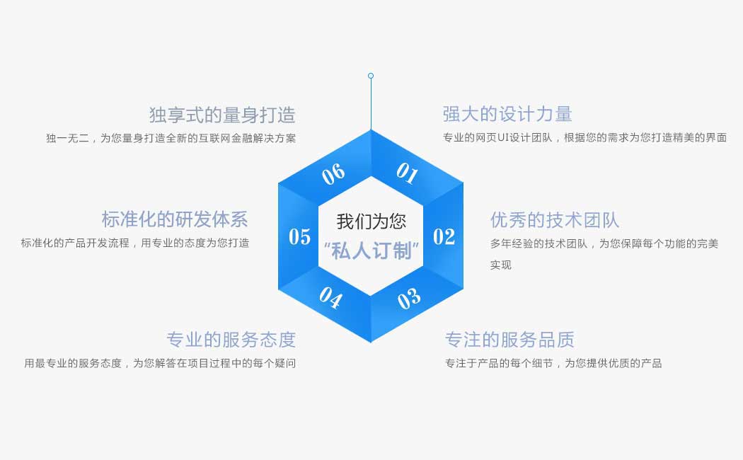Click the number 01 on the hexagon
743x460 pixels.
(407, 173)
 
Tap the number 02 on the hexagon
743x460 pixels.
(444, 236)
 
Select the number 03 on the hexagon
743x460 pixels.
(408, 299)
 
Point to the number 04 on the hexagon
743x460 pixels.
(330, 298)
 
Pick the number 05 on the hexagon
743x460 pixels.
(299, 236)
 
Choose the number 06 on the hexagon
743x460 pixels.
(333, 173)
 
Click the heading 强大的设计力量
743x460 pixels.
(507, 114)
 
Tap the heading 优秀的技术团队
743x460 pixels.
(555, 220)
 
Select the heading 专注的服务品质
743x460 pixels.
(509, 340)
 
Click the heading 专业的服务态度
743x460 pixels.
(231, 340)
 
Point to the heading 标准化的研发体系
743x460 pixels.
(175, 219)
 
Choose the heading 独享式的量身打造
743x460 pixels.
(222, 115)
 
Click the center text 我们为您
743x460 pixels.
(371, 222)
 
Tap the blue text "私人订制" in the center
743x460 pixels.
(371, 251)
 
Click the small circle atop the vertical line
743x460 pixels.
(371, 76)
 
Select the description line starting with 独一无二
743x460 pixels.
(171, 138)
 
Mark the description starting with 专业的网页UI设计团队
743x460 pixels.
(584, 138)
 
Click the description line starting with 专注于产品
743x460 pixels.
(553, 364)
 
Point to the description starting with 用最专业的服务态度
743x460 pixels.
(160, 364)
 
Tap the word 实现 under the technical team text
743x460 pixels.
(500, 265)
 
